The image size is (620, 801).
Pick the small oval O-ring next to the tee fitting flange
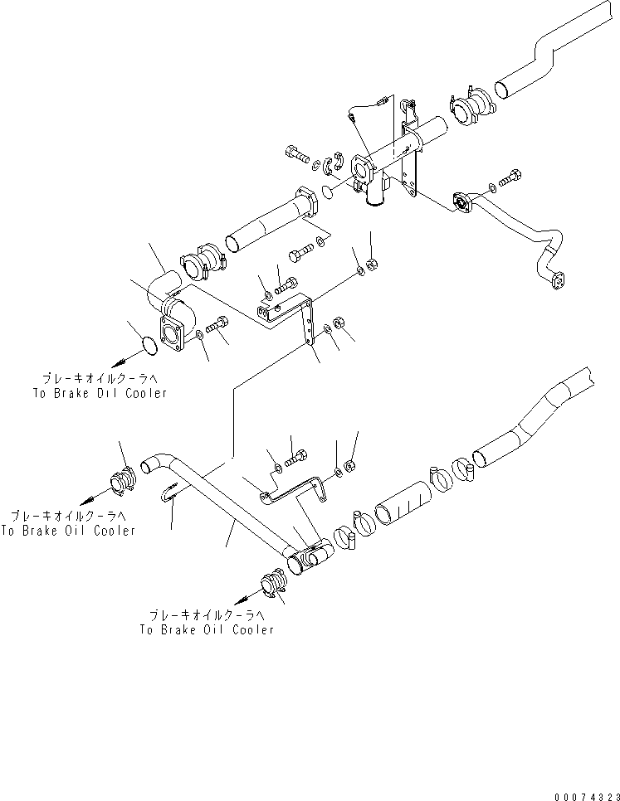(329, 192)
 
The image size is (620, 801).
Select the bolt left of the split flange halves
(296, 153)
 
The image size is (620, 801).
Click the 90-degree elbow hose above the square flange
(165, 286)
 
